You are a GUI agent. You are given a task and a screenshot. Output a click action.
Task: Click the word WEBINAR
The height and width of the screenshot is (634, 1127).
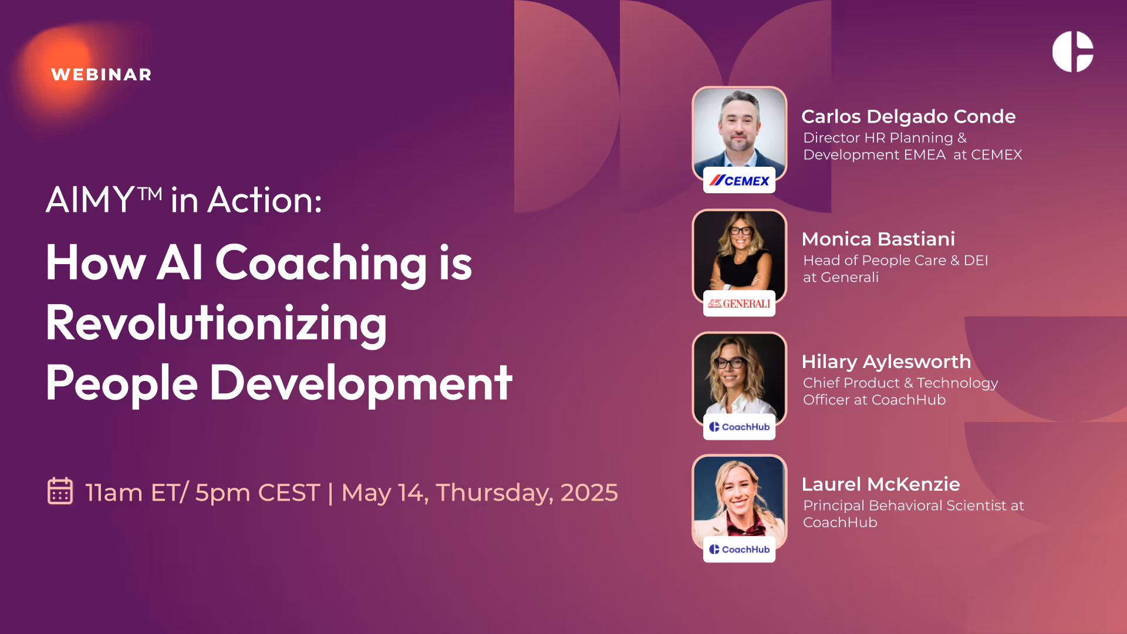pyautogui.click(x=101, y=75)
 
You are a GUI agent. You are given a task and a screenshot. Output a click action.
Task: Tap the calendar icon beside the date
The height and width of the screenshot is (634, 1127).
pyautogui.click(x=60, y=491)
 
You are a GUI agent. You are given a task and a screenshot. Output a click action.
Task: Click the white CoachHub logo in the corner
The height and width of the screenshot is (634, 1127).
pyautogui.click(x=1072, y=52)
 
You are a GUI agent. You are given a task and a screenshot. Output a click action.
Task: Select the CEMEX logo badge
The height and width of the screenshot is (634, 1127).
pyautogui.click(x=739, y=181)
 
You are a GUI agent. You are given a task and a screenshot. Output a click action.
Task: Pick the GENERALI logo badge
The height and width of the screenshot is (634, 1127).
pyautogui.click(x=739, y=303)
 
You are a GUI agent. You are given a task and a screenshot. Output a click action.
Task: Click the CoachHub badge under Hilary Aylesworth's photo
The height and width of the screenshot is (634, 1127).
pyautogui.click(x=739, y=427)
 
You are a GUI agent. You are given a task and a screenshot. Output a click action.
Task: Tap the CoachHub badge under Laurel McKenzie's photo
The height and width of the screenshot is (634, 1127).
pyautogui.click(x=739, y=549)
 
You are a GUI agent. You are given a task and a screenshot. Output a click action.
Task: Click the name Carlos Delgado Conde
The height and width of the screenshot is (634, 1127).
pyautogui.click(x=908, y=116)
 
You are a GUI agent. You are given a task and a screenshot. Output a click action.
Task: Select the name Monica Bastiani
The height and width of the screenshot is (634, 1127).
pyautogui.click(x=878, y=239)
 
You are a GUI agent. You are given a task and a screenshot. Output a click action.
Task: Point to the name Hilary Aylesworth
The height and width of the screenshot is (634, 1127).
pyautogui.click(x=886, y=362)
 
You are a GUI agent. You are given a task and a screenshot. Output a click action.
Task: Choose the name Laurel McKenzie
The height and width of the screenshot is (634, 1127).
pyautogui.click(x=880, y=484)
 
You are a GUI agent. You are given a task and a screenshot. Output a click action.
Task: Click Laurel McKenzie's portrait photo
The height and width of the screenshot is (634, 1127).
pyautogui.click(x=739, y=497)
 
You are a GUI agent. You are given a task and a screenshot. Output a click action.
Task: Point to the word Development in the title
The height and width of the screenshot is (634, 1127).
pyautogui.click(x=360, y=383)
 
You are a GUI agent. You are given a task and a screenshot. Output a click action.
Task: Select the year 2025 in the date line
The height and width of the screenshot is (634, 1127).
pyautogui.click(x=589, y=493)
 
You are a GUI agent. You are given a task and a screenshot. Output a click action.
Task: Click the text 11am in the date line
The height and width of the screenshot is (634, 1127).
pyautogui.click(x=113, y=493)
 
